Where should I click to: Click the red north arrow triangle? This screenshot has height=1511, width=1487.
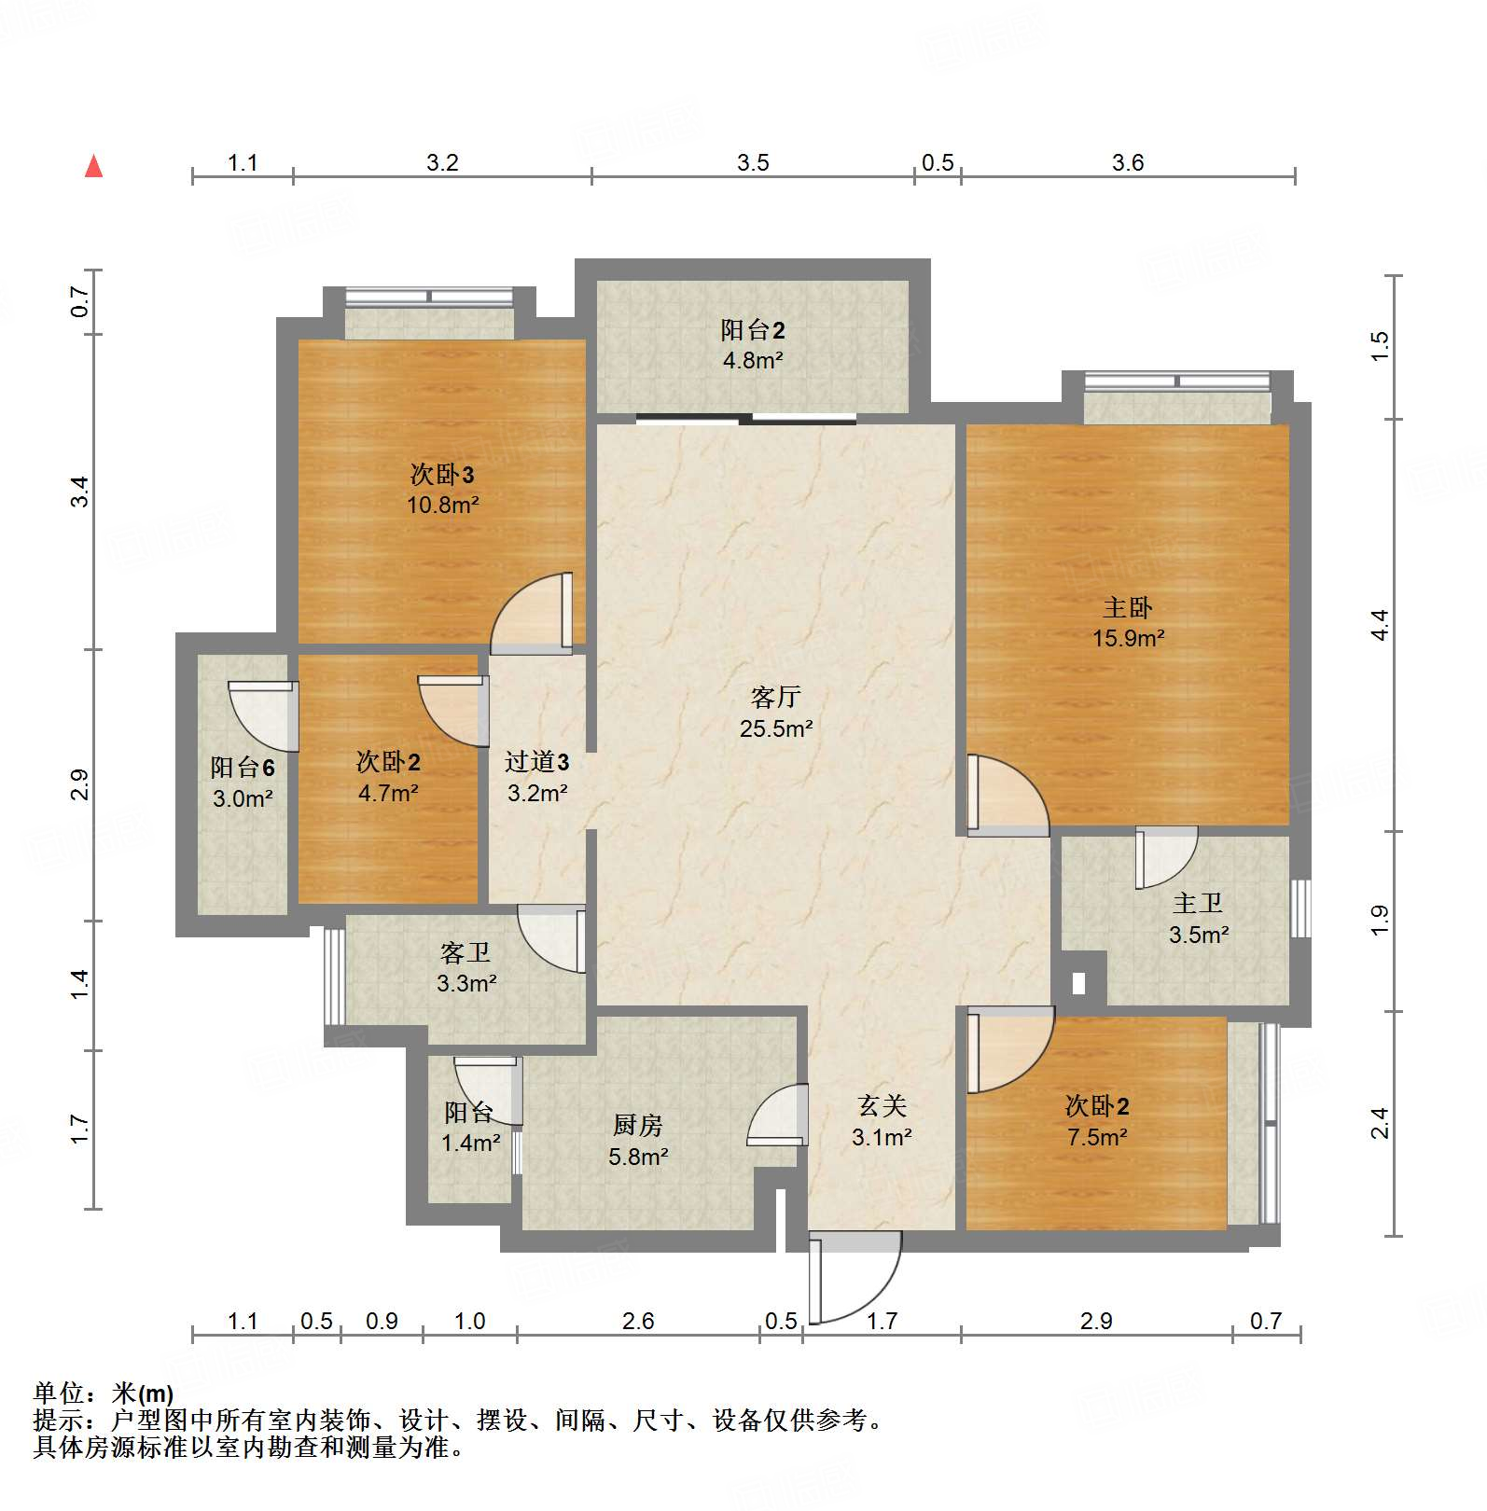tap(93, 167)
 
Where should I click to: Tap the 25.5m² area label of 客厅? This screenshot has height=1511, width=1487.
tap(776, 728)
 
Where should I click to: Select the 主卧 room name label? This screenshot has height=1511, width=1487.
tap(1128, 608)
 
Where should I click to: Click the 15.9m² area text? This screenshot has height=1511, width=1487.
tap(1129, 639)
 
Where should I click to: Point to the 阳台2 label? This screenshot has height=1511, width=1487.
tap(753, 329)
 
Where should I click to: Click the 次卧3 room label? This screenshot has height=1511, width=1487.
tap(442, 475)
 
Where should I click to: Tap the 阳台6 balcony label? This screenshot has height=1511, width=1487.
tap(243, 768)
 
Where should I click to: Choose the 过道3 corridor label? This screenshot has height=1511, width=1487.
tap(537, 762)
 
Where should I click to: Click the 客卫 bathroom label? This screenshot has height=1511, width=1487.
tap(466, 952)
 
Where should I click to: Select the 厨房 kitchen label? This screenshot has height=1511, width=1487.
tap(638, 1126)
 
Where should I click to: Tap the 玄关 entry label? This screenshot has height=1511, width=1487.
tap(882, 1106)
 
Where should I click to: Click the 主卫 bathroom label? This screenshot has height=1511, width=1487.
tap(1198, 903)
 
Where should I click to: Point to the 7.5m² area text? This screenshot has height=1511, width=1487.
tap(1097, 1137)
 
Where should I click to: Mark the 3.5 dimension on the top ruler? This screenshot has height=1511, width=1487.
tap(753, 163)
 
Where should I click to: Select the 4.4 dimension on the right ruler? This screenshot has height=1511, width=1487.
tap(1381, 624)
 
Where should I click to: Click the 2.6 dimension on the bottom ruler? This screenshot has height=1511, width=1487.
tap(638, 1321)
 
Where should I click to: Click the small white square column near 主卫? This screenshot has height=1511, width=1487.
tap(1079, 982)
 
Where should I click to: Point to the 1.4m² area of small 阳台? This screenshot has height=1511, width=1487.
tap(471, 1143)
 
